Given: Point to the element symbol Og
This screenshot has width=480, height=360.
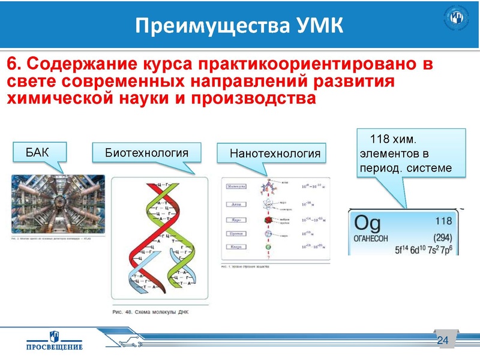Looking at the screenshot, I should [x=368, y=224].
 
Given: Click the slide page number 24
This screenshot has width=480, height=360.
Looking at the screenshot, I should [x=443, y=341].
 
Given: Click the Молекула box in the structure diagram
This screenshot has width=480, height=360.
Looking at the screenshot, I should [x=237, y=187].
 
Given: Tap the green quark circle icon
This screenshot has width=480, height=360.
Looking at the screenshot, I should [x=266, y=247].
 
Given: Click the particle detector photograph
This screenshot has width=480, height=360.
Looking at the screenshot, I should [x=58, y=204].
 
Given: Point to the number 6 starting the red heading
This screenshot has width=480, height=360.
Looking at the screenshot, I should [x=11, y=64].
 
